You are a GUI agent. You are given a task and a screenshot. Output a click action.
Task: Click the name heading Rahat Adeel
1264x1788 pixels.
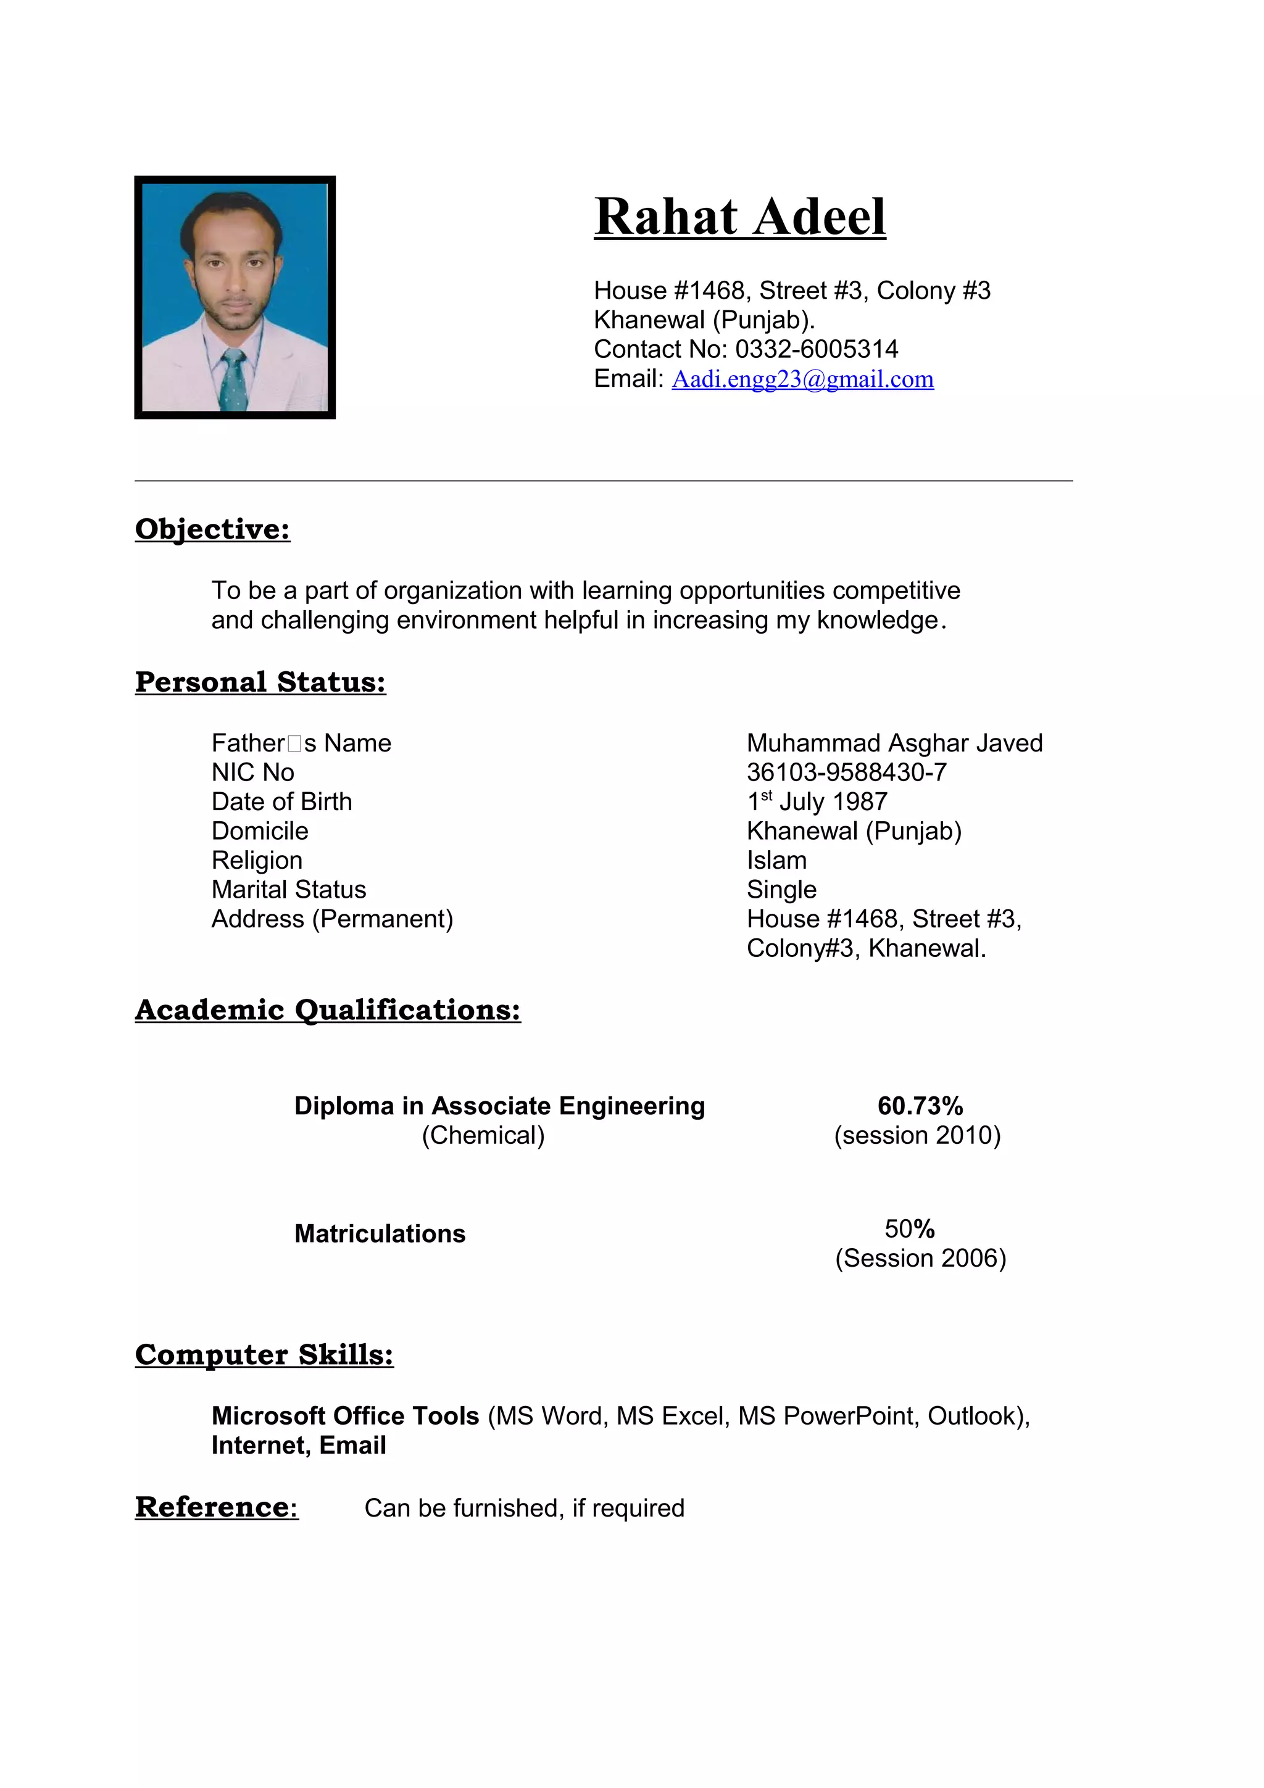click(x=739, y=217)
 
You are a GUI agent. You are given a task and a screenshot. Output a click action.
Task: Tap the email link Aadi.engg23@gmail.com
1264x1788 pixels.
click(x=802, y=379)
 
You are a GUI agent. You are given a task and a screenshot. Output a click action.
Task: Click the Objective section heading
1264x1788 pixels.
click(x=212, y=529)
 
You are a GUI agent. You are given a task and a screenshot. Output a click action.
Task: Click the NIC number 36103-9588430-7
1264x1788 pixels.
click(x=847, y=772)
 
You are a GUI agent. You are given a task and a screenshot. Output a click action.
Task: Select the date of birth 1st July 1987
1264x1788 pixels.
click(x=817, y=801)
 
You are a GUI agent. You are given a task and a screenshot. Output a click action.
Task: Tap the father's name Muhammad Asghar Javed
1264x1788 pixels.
click(x=894, y=743)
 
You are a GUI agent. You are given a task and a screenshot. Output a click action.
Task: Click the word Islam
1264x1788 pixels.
click(x=776, y=861)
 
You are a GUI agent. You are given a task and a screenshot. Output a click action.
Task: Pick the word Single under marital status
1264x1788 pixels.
click(x=781, y=889)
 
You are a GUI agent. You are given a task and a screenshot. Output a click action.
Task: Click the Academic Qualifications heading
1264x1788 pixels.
click(x=327, y=1009)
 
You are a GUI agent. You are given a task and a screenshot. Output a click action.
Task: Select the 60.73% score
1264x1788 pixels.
click(x=920, y=1106)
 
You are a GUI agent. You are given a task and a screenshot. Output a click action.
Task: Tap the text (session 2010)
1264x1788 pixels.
click(x=917, y=1135)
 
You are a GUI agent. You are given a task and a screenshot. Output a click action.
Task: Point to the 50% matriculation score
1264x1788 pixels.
click(x=909, y=1229)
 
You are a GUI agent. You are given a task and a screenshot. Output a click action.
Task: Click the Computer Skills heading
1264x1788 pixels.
click(x=264, y=1354)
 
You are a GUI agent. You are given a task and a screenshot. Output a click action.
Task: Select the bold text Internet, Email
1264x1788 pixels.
click(x=298, y=1446)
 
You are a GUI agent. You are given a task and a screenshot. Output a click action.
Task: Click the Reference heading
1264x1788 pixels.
click(x=216, y=1507)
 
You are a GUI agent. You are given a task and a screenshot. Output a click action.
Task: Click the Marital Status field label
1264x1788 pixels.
click(x=288, y=889)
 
